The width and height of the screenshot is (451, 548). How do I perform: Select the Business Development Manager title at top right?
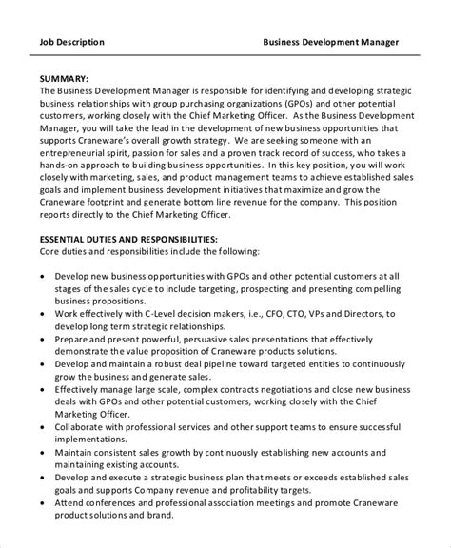330,42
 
